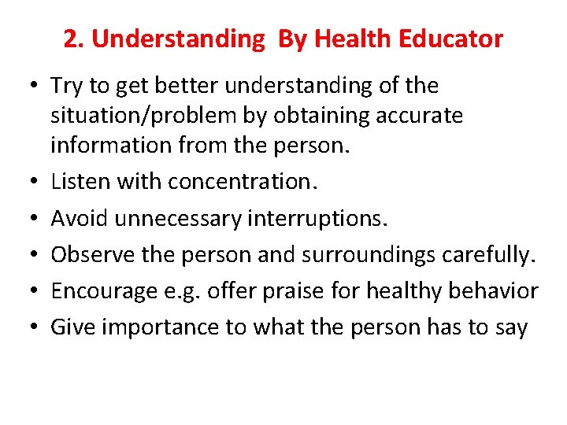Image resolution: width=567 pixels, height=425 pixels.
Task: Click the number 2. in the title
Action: (x=73, y=39)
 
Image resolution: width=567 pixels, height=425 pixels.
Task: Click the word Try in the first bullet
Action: (x=66, y=86)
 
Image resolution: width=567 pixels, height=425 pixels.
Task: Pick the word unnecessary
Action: (x=178, y=218)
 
